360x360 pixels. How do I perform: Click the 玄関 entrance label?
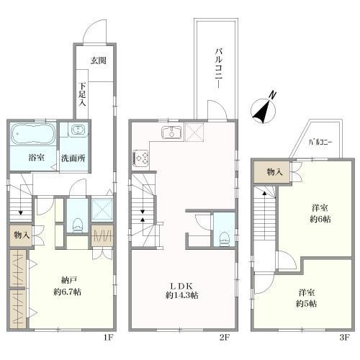(x=99, y=60)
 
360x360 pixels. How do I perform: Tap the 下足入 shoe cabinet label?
(x=82, y=94)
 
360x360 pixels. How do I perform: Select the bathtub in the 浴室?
(x=34, y=133)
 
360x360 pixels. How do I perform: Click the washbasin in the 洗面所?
(x=78, y=130)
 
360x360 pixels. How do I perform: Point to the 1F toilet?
(x=78, y=225)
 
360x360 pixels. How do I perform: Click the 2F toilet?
(x=225, y=238)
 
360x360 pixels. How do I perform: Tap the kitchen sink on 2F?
(x=172, y=132)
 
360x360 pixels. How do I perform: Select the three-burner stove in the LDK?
(x=141, y=158)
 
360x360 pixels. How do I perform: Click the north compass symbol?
(x=264, y=109)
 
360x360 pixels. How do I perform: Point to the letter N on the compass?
(x=272, y=95)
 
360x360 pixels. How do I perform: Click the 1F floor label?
(x=108, y=338)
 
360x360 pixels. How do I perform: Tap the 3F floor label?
(x=344, y=338)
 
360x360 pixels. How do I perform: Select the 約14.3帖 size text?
(x=182, y=295)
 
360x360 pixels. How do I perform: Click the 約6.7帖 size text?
(x=68, y=292)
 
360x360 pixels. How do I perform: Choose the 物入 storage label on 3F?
(x=274, y=172)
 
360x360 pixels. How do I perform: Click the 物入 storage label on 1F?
(x=22, y=235)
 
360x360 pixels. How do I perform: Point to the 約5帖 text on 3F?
(x=307, y=304)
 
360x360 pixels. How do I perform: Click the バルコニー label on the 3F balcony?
(x=320, y=143)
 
